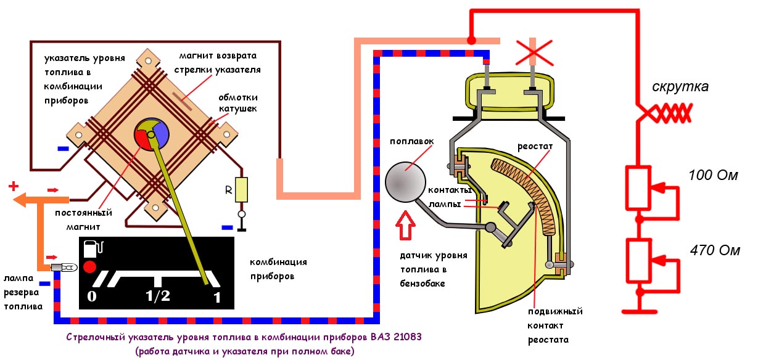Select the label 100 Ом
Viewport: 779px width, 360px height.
713,176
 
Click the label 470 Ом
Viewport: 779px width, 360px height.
715,250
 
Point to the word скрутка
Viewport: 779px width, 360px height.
680,87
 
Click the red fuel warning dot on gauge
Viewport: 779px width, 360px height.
90,266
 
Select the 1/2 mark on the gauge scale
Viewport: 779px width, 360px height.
157,296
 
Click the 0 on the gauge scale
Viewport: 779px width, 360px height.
92,297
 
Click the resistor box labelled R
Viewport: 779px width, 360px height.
241,189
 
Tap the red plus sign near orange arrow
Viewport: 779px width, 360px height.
12,186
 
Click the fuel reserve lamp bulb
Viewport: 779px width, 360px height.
64,268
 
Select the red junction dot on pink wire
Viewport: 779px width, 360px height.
471,41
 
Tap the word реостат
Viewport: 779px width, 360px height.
535,147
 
